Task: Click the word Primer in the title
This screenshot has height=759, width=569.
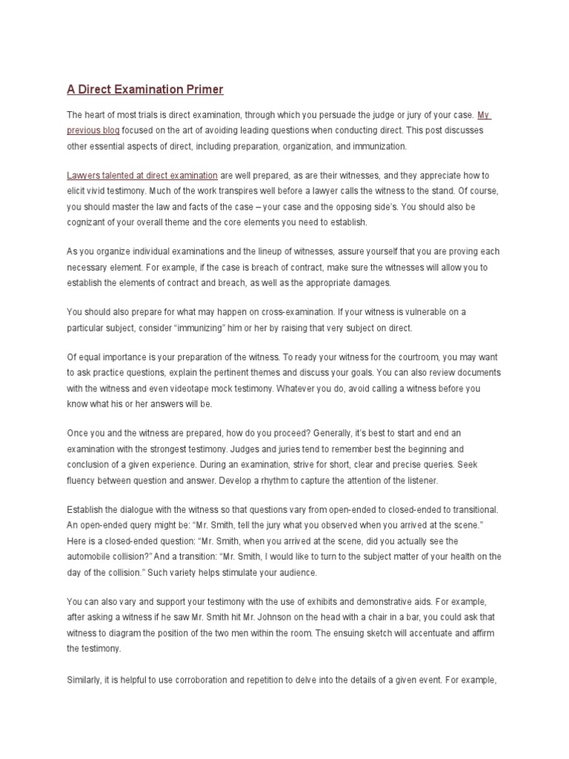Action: (201, 90)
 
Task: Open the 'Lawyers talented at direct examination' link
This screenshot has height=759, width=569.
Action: (142, 176)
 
